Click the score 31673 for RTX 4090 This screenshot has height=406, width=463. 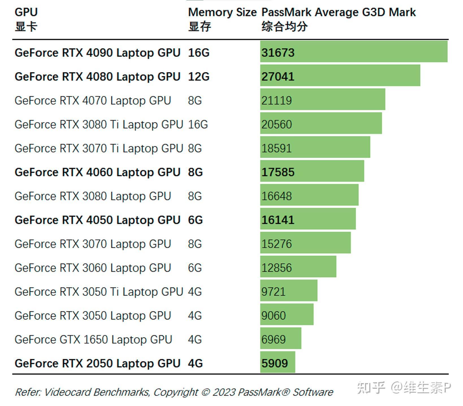pyautogui.click(x=278, y=53)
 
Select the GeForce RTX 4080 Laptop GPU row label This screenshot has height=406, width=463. pyautogui.click(x=97, y=77)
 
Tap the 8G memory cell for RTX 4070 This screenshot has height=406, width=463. pyautogui.click(x=195, y=101)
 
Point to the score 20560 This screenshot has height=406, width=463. pyautogui.click(x=277, y=124)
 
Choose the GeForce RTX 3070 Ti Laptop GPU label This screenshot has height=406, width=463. pyautogui.click(x=99, y=148)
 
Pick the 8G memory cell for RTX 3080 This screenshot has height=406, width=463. pyautogui.click(x=195, y=196)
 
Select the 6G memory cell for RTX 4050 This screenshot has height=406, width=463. pyautogui.click(x=195, y=220)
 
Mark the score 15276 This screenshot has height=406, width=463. pyautogui.click(x=277, y=244)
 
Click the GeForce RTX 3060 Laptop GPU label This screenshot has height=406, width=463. pyautogui.click(x=93, y=268)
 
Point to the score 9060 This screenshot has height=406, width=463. pyautogui.click(x=273, y=316)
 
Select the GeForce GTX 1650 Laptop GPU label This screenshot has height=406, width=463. pyautogui.click(x=93, y=340)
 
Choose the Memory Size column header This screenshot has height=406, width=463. pyautogui.click(x=222, y=12)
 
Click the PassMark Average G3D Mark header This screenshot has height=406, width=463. pyautogui.click(x=338, y=12)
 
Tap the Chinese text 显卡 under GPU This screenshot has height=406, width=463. pyautogui.click(x=26, y=27)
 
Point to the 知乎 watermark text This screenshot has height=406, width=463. pyautogui.click(x=371, y=388)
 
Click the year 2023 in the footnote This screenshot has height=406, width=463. pyautogui.click(x=224, y=392)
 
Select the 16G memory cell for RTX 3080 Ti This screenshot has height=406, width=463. pyautogui.click(x=198, y=124)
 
